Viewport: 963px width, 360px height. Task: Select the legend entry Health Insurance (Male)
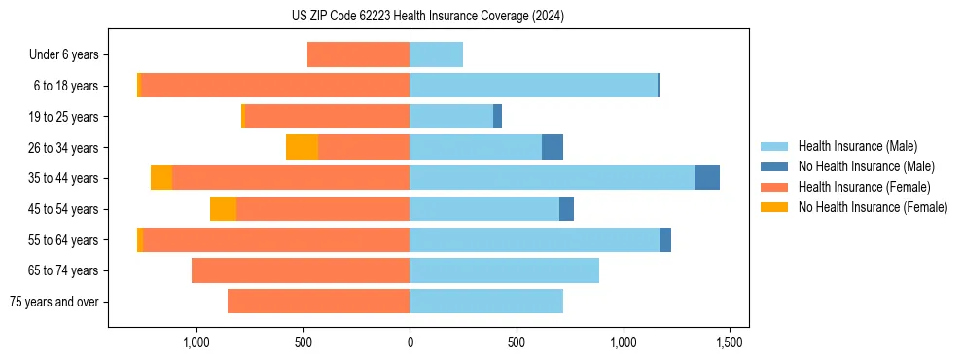pyautogui.click(x=857, y=146)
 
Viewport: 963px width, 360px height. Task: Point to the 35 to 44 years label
pyautogui.click(x=64, y=178)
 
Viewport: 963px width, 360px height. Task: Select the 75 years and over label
pyautogui.click(x=54, y=302)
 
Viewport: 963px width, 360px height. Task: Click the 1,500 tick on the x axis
pyautogui.click(x=730, y=342)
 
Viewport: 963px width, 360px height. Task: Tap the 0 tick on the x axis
pyautogui.click(x=410, y=342)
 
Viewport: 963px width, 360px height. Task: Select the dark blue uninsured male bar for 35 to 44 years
pyautogui.click(x=707, y=178)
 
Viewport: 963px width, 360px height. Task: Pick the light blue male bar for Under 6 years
pyautogui.click(x=436, y=54)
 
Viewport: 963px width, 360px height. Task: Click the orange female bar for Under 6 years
pyautogui.click(x=358, y=54)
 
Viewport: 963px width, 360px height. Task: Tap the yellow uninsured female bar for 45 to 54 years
pyautogui.click(x=223, y=209)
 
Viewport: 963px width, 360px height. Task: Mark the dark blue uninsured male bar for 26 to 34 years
pyautogui.click(x=553, y=147)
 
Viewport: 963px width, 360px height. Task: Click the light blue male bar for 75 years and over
pyautogui.click(x=486, y=302)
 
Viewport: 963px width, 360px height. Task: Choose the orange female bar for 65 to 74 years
pyautogui.click(x=301, y=270)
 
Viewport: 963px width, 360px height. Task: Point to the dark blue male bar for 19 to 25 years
pyautogui.click(x=497, y=117)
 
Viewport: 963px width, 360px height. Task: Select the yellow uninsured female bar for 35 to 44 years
pyautogui.click(x=161, y=178)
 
